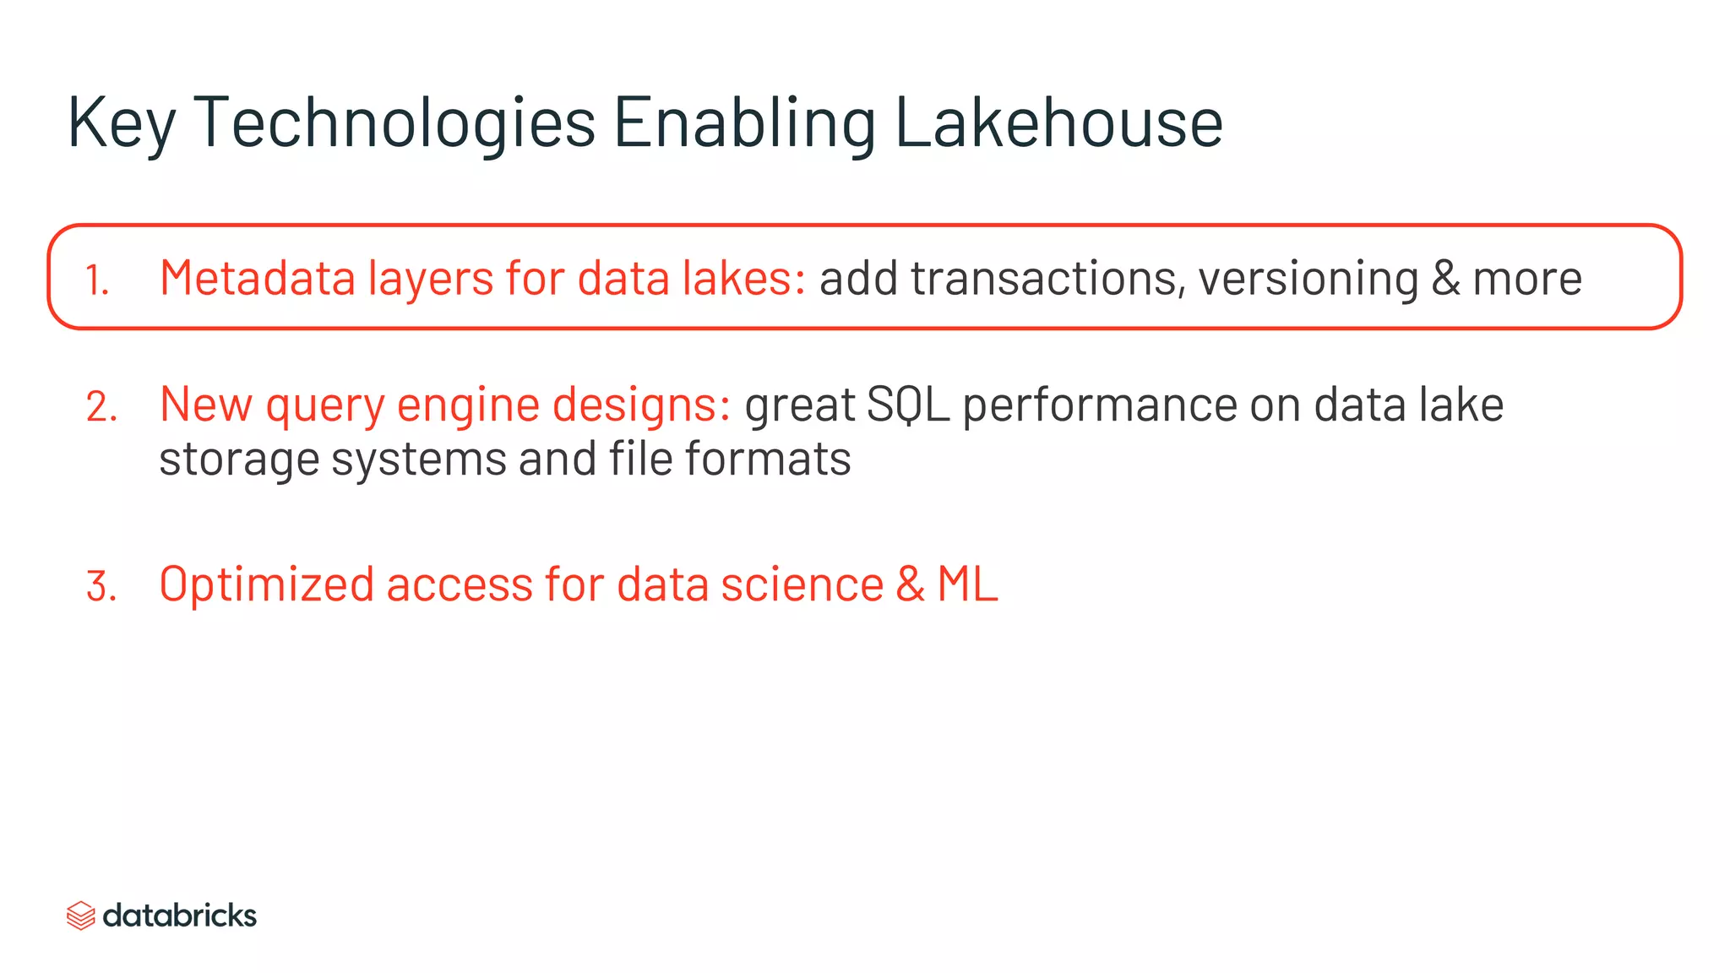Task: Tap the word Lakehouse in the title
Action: [x=1058, y=122]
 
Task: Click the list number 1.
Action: [x=97, y=280]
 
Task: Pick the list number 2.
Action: [x=101, y=407]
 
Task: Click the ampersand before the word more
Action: [x=1446, y=279]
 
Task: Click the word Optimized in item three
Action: [x=266, y=584]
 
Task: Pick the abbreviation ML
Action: [x=968, y=584]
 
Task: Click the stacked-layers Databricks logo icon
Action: [x=80, y=916]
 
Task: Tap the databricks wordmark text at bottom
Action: [x=180, y=916]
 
